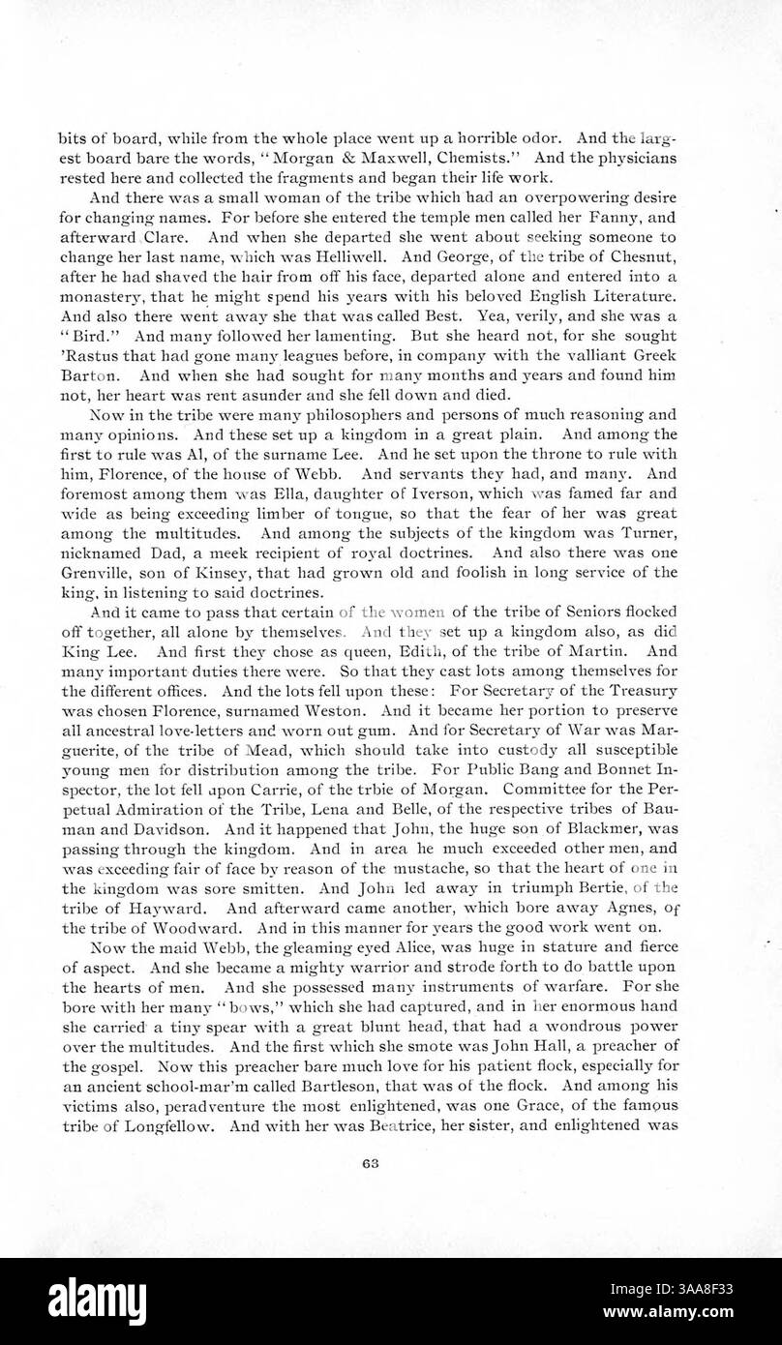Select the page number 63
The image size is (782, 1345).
click(391, 1166)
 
